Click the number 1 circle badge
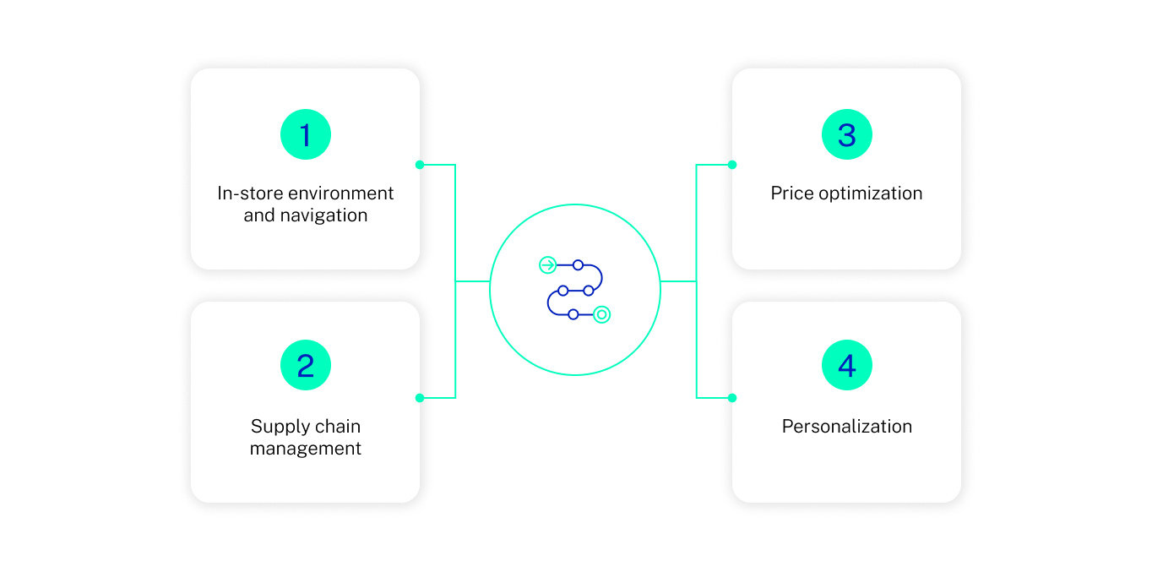pyautogui.click(x=305, y=135)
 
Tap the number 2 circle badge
pyautogui.click(x=305, y=366)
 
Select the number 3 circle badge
pyautogui.click(x=846, y=135)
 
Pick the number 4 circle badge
pyautogui.click(x=846, y=366)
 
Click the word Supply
pyautogui.click(x=276, y=427)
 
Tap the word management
pyautogui.click(x=305, y=449)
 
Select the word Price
pyautogui.click(x=791, y=193)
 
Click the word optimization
pyautogui.click(x=869, y=193)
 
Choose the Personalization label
pyautogui.click(x=846, y=427)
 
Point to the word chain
pyautogui.click(x=337, y=427)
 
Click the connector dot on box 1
pyautogui.click(x=420, y=165)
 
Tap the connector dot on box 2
pyautogui.click(x=420, y=398)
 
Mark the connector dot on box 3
pyautogui.click(x=732, y=165)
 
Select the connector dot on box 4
pyautogui.click(x=732, y=398)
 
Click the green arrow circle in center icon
pyautogui.click(x=547, y=265)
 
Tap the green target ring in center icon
pyautogui.click(x=601, y=314)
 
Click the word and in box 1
pyautogui.click(x=258, y=215)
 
